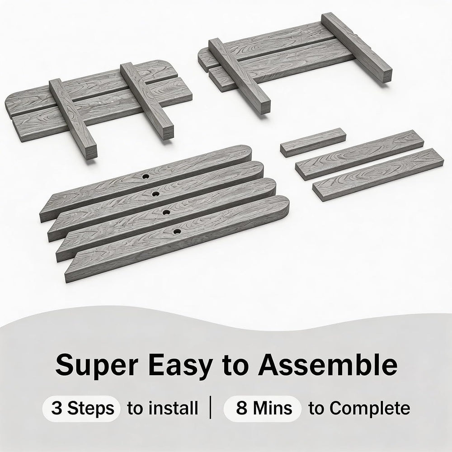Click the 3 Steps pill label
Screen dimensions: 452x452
point(81,409)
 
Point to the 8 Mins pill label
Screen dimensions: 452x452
point(263,409)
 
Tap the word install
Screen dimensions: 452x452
point(163,408)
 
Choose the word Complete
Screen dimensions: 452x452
point(359,409)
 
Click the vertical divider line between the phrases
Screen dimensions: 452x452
point(211,407)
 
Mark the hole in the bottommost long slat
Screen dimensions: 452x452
point(177,231)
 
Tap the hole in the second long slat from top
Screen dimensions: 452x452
point(155,194)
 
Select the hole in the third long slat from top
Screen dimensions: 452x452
point(166,212)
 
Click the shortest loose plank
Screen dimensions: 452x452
point(313,142)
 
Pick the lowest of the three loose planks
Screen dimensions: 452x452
point(378,174)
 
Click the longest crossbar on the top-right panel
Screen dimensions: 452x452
point(357,48)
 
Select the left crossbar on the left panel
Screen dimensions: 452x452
point(73,118)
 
